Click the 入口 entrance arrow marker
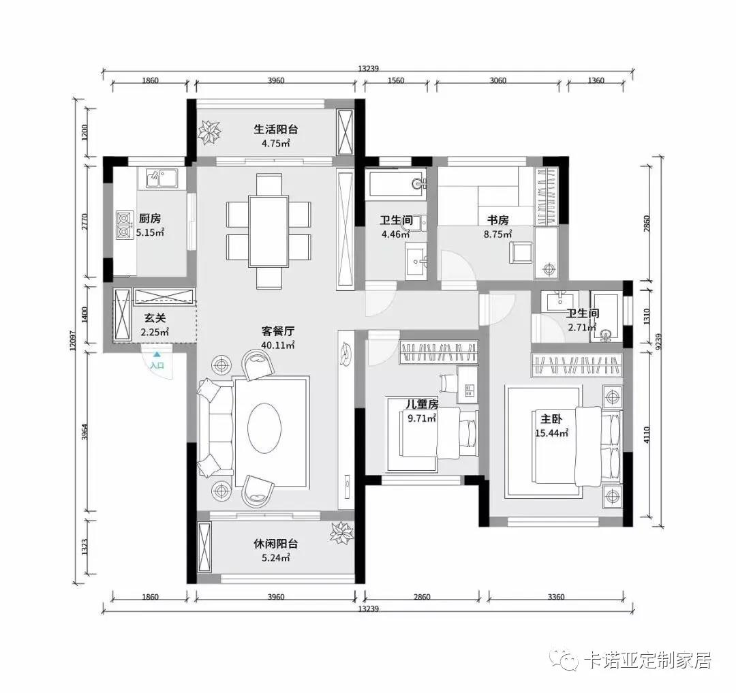[x=157, y=356]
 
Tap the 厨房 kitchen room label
[x=150, y=218]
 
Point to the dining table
[x=269, y=231]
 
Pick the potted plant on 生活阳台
[x=209, y=132]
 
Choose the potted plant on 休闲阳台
[x=341, y=533]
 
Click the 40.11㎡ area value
[x=278, y=345]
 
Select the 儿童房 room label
[x=422, y=404]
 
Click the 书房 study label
[x=497, y=219]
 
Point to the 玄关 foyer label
[x=155, y=318]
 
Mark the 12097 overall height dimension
[x=72, y=343]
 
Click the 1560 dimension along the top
[x=395, y=80]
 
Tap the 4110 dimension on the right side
[x=647, y=435]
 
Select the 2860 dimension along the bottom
[x=422, y=598]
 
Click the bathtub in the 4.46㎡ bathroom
[x=397, y=183]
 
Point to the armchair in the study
[x=521, y=253]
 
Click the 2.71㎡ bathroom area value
[x=582, y=328]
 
